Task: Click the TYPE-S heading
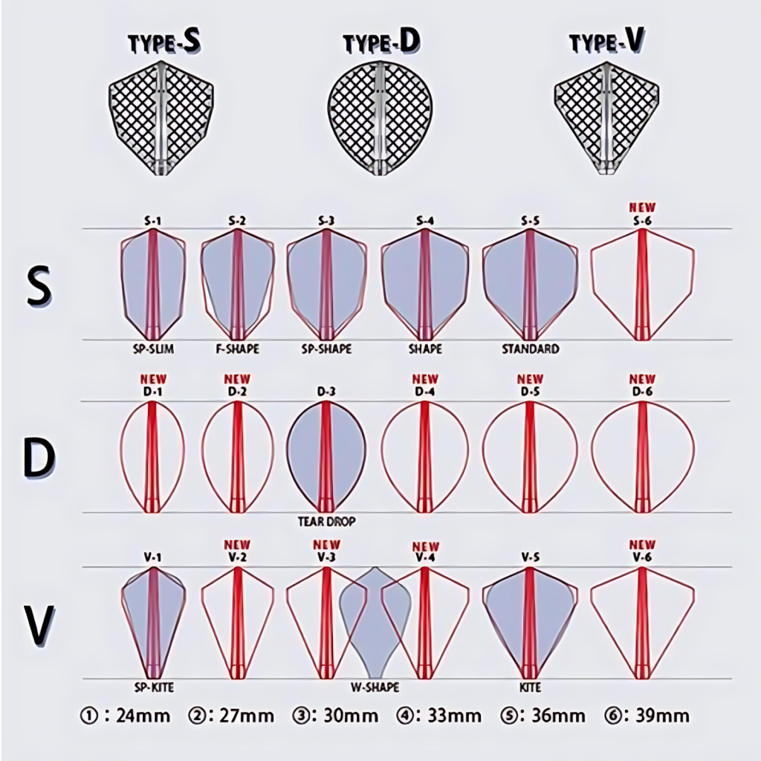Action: (164, 42)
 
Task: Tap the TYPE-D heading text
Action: (381, 42)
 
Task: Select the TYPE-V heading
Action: (607, 42)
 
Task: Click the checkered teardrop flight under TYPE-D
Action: (380, 118)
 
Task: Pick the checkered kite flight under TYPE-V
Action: (606, 118)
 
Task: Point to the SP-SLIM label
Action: (153, 349)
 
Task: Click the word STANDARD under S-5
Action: (531, 349)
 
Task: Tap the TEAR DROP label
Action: (327, 522)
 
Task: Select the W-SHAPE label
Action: (375, 687)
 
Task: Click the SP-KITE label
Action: (154, 687)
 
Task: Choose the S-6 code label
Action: (642, 220)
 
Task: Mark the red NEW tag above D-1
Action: (153, 379)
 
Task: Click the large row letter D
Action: (39, 458)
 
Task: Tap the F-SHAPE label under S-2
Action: (237, 349)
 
